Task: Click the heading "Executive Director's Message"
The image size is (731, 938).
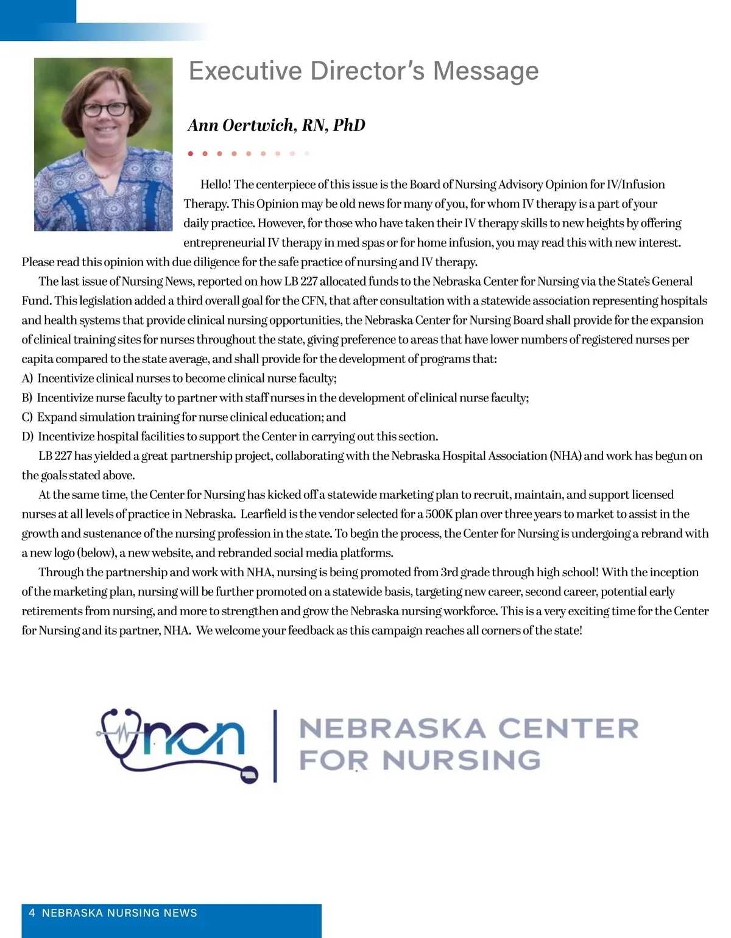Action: (364, 71)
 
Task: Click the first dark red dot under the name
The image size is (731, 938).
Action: (191, 153)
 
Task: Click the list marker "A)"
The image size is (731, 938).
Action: (27, 378)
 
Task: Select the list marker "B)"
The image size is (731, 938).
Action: (27, 398)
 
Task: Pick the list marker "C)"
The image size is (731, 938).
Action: (27, 417)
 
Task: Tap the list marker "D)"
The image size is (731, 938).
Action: (27, 437)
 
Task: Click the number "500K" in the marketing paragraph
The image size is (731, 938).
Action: (439, 514)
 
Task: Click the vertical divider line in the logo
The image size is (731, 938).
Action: (275, 746)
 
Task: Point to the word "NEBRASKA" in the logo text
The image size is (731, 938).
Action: (392, 728)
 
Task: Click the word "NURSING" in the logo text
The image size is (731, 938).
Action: (461, 760)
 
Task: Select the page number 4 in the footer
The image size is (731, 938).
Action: (32, 913)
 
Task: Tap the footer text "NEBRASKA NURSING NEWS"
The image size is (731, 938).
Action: (119, 913)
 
